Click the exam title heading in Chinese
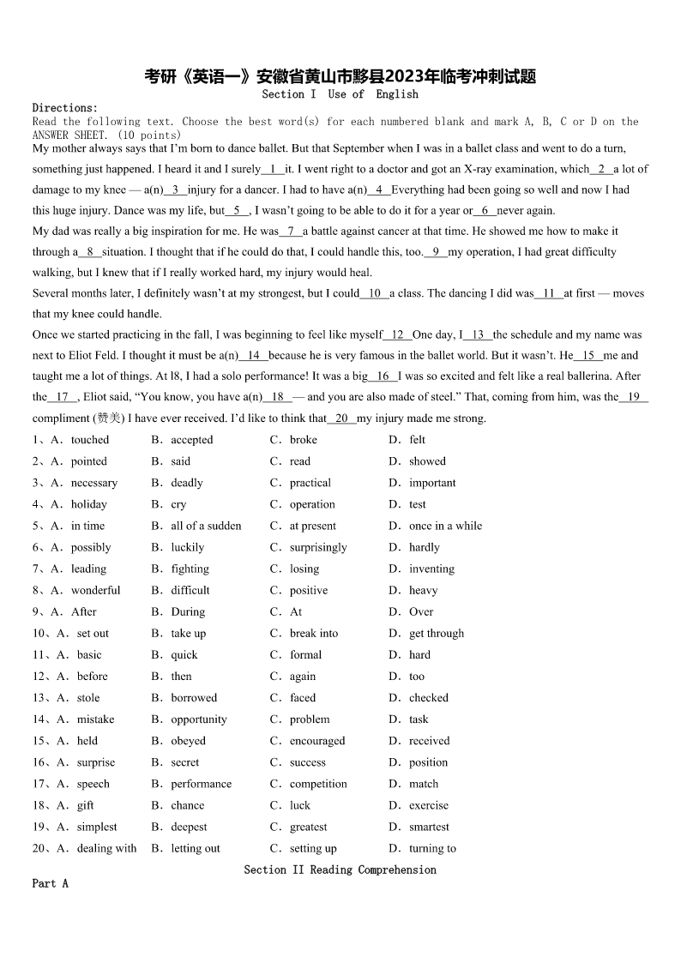coord(340,76)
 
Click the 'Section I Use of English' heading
coord(340,94)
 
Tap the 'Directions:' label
coord(65,108)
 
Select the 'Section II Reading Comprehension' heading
coord(340,870)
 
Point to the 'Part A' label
coord(50,883)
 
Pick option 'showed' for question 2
coord(427,461)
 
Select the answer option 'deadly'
coord(187,483)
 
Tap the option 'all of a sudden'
coord(206,526)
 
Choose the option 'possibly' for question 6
coord(91,547)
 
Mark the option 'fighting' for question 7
coord(190,569)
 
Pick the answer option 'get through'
coord(436,634)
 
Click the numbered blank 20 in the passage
coord(341,418)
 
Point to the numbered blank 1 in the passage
coord(273,169)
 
